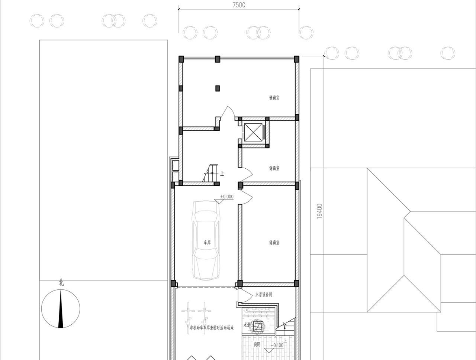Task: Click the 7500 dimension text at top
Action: (239, 5)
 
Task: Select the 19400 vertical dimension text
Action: (319, 211)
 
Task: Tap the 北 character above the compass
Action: (61, 283)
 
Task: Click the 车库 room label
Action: (207, 243)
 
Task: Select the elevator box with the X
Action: (253, 132)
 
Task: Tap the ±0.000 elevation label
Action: (227, 197)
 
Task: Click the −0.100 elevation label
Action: (277, 345)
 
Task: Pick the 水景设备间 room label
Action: (264, 295)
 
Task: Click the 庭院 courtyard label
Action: (257, 344)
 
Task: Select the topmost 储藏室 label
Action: (274, 98)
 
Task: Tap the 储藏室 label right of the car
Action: (274, 243)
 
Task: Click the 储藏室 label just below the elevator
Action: (274, 168)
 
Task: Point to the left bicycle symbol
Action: (188, 313)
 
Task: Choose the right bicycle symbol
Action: (204, 313)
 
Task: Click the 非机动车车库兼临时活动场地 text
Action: (212, 328)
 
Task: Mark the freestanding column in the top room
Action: (218, 88)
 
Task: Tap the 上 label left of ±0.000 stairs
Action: (222, 173)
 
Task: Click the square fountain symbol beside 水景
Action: (258, 327)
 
